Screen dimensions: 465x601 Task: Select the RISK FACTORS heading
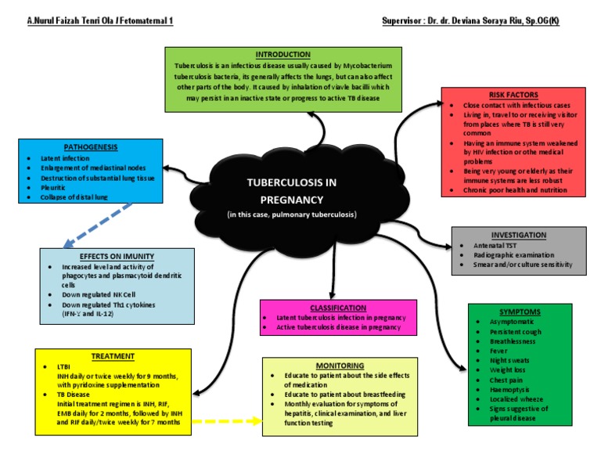coord(513,95)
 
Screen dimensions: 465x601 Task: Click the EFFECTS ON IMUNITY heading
coord(117,256)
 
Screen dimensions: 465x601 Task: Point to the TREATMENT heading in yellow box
coord(113,356)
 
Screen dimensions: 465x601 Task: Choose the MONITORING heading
coord(340,366)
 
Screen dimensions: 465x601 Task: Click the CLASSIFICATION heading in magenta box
coord(337,308)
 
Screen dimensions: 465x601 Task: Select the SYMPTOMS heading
coord(520,312)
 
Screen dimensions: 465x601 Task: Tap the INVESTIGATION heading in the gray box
coord(518,235)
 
